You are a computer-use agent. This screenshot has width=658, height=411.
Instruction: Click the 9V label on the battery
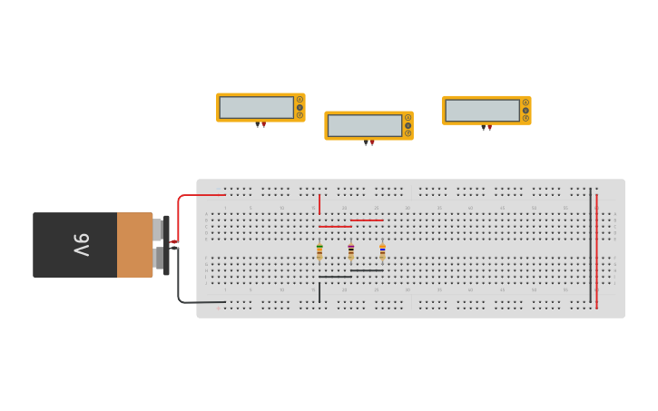81,245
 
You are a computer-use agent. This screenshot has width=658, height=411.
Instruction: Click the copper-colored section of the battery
134,245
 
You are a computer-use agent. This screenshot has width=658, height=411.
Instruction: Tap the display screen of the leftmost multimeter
256,107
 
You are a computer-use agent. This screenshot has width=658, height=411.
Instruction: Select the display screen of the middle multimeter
364,125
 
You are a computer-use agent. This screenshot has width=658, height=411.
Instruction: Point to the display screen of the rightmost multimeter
482,111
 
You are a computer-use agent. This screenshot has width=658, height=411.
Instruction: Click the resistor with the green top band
319,250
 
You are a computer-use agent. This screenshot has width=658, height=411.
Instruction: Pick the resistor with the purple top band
351,250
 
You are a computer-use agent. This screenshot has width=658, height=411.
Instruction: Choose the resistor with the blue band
382,250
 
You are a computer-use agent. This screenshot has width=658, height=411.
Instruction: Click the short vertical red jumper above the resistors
319,203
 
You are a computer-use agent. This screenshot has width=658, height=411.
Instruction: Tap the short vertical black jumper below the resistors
319,292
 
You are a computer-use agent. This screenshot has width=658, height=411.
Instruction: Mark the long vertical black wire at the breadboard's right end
590,245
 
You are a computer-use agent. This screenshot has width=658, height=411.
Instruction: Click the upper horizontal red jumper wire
367,220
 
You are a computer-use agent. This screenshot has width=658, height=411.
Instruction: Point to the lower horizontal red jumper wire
335,227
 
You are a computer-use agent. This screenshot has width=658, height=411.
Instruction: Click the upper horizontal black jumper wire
367,270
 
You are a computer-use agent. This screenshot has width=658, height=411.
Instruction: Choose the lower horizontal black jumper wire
335,277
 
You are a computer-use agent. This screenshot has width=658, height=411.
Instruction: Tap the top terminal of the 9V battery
159,230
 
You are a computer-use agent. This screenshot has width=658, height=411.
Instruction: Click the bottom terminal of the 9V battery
159,259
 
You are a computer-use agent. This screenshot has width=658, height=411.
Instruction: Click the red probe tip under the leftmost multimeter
264,124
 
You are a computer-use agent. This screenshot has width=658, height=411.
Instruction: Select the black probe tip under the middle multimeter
366,142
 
